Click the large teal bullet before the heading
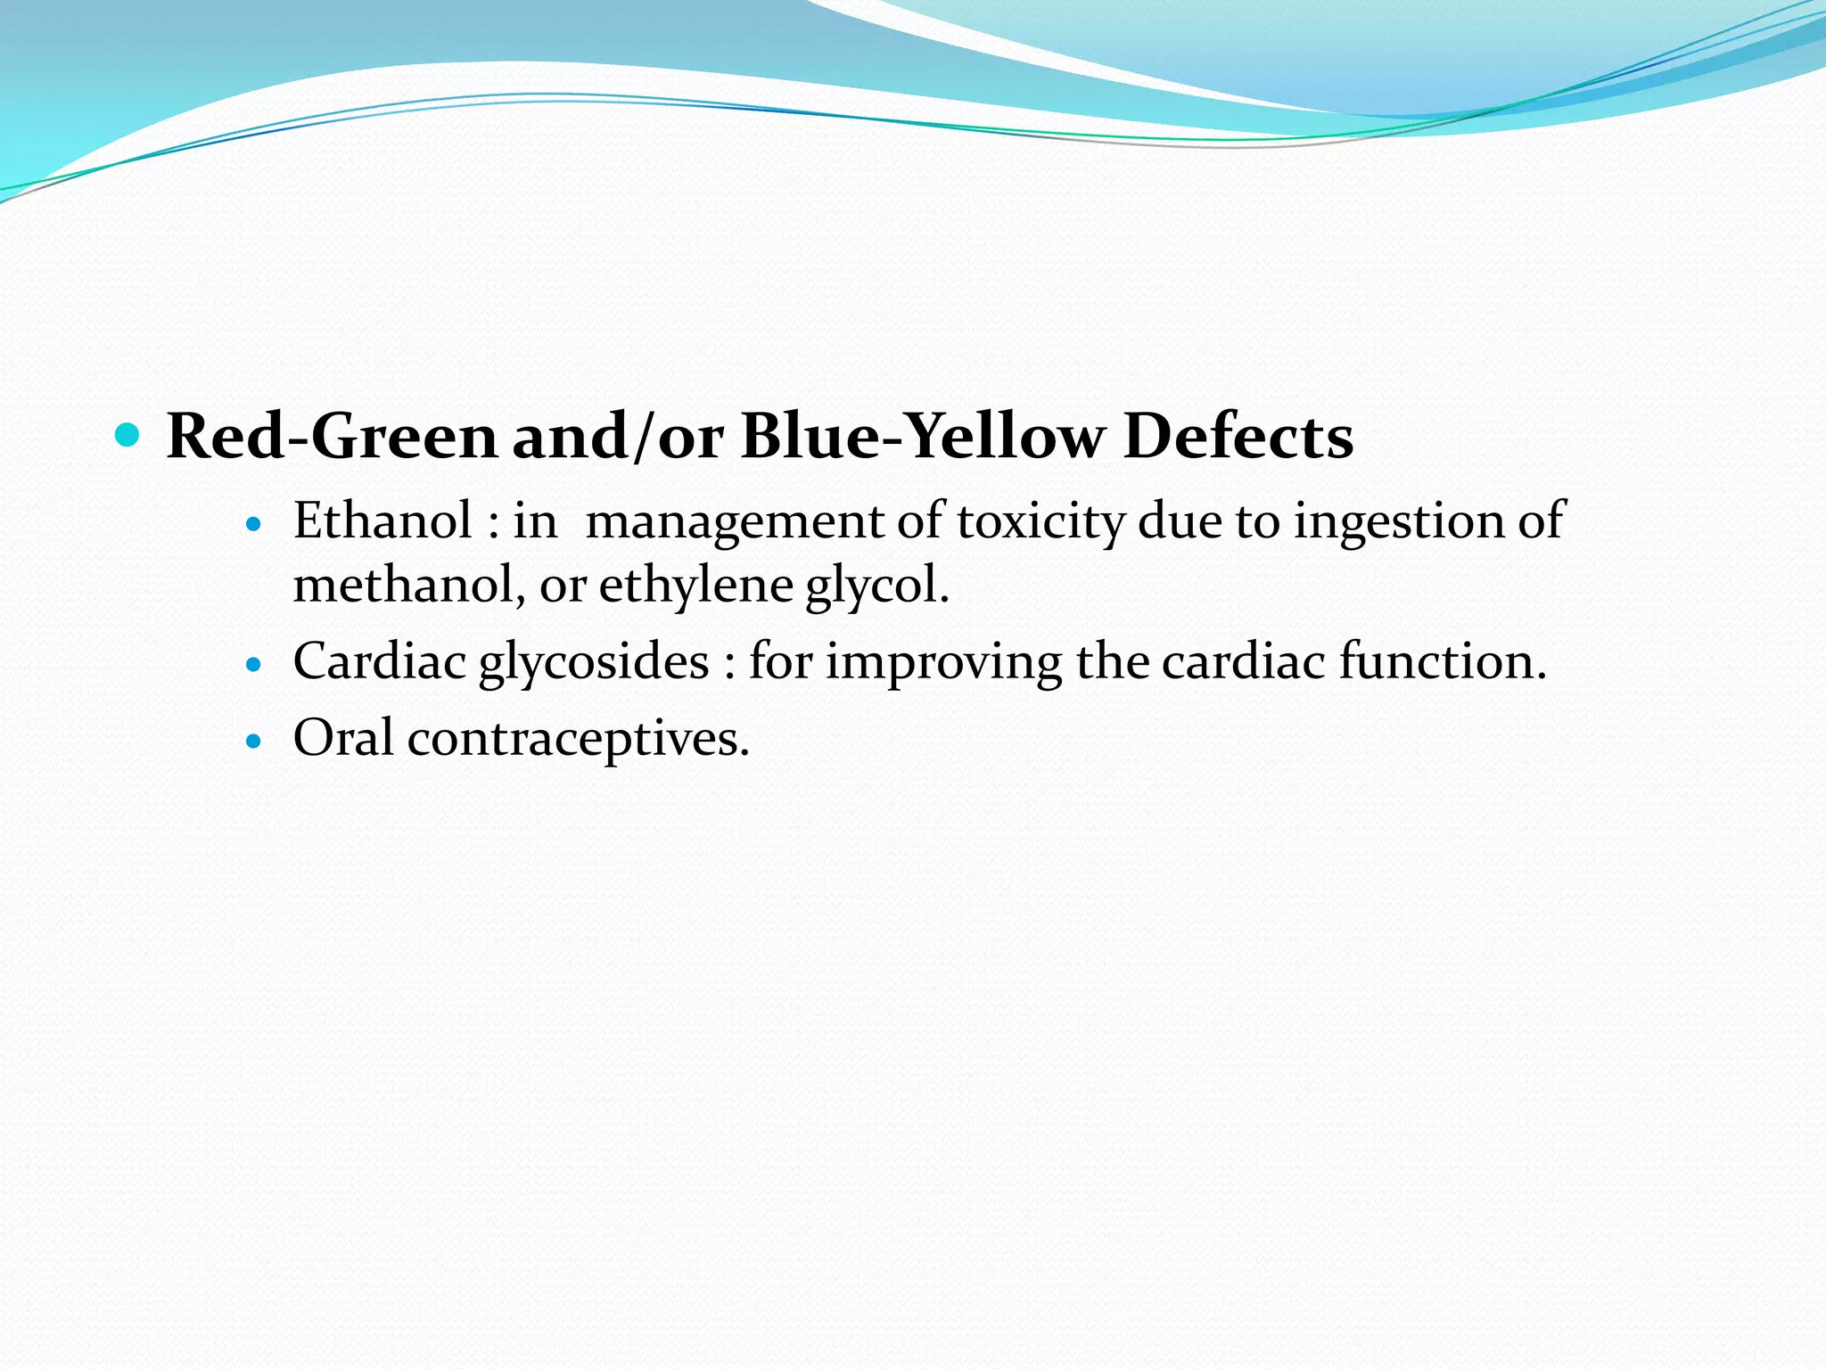click(x=128, y=436)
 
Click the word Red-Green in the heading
click(x=331, y=437)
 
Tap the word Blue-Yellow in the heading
click(x=921, y=437)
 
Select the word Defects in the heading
click(x=1238, y=437)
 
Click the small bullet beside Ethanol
click(x=255, y=525)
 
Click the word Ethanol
click(x=382, y=521)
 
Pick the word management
click(x=733, y=522)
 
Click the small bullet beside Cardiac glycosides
click(x=255, y=665)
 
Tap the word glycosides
click(x=594, y=663)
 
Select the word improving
click(x=943, y=663)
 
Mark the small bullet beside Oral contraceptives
click(x=255, y=741)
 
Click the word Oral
click(x=343, y=738)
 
